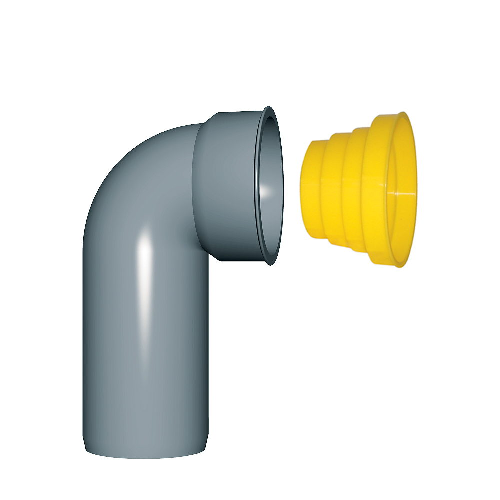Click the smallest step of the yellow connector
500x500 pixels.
pos(311,190)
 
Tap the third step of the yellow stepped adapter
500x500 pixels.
pos(352,192)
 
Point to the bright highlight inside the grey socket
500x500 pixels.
pos(269,191)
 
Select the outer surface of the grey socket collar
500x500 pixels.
pos(225,185)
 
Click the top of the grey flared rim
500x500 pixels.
pos(268,109)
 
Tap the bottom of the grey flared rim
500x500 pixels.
pos(270,262)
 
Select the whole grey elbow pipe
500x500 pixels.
pos(150,300)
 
